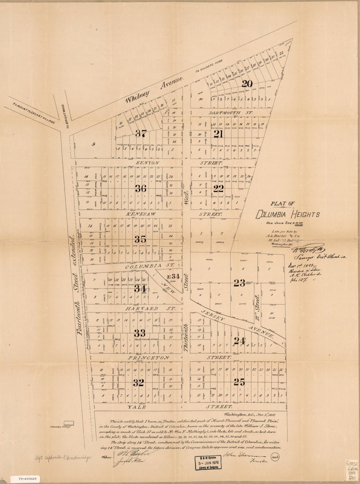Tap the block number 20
point(247,84)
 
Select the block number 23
point(239,283)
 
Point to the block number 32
point(139,383)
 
